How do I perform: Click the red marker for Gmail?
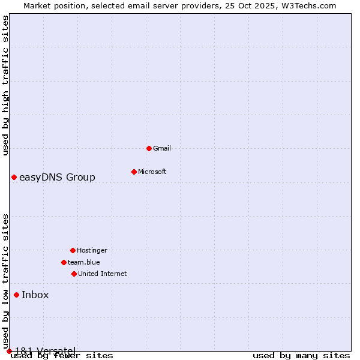coord(149,148)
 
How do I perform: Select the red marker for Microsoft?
coord(134,172)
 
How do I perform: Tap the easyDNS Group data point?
coord(14,177)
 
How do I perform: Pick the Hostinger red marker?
coord(73,250)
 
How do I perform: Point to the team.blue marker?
coord(64,262)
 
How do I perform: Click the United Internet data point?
coord(74,274)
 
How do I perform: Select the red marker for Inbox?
coord(16,295)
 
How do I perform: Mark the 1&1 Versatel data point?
coord(9,351)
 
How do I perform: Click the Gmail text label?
coord(162,148)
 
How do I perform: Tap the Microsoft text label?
coord(152,172)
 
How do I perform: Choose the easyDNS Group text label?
coord(57,177)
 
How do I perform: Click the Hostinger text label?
coord(92,250)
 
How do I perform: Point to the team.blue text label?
coord(84,262)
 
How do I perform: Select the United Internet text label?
coord(103,274)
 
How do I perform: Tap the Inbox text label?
coord(35,295)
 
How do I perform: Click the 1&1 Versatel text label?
coord(45,350)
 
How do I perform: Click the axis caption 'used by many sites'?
coord(301,355)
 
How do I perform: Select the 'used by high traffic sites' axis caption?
coord(5,85)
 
